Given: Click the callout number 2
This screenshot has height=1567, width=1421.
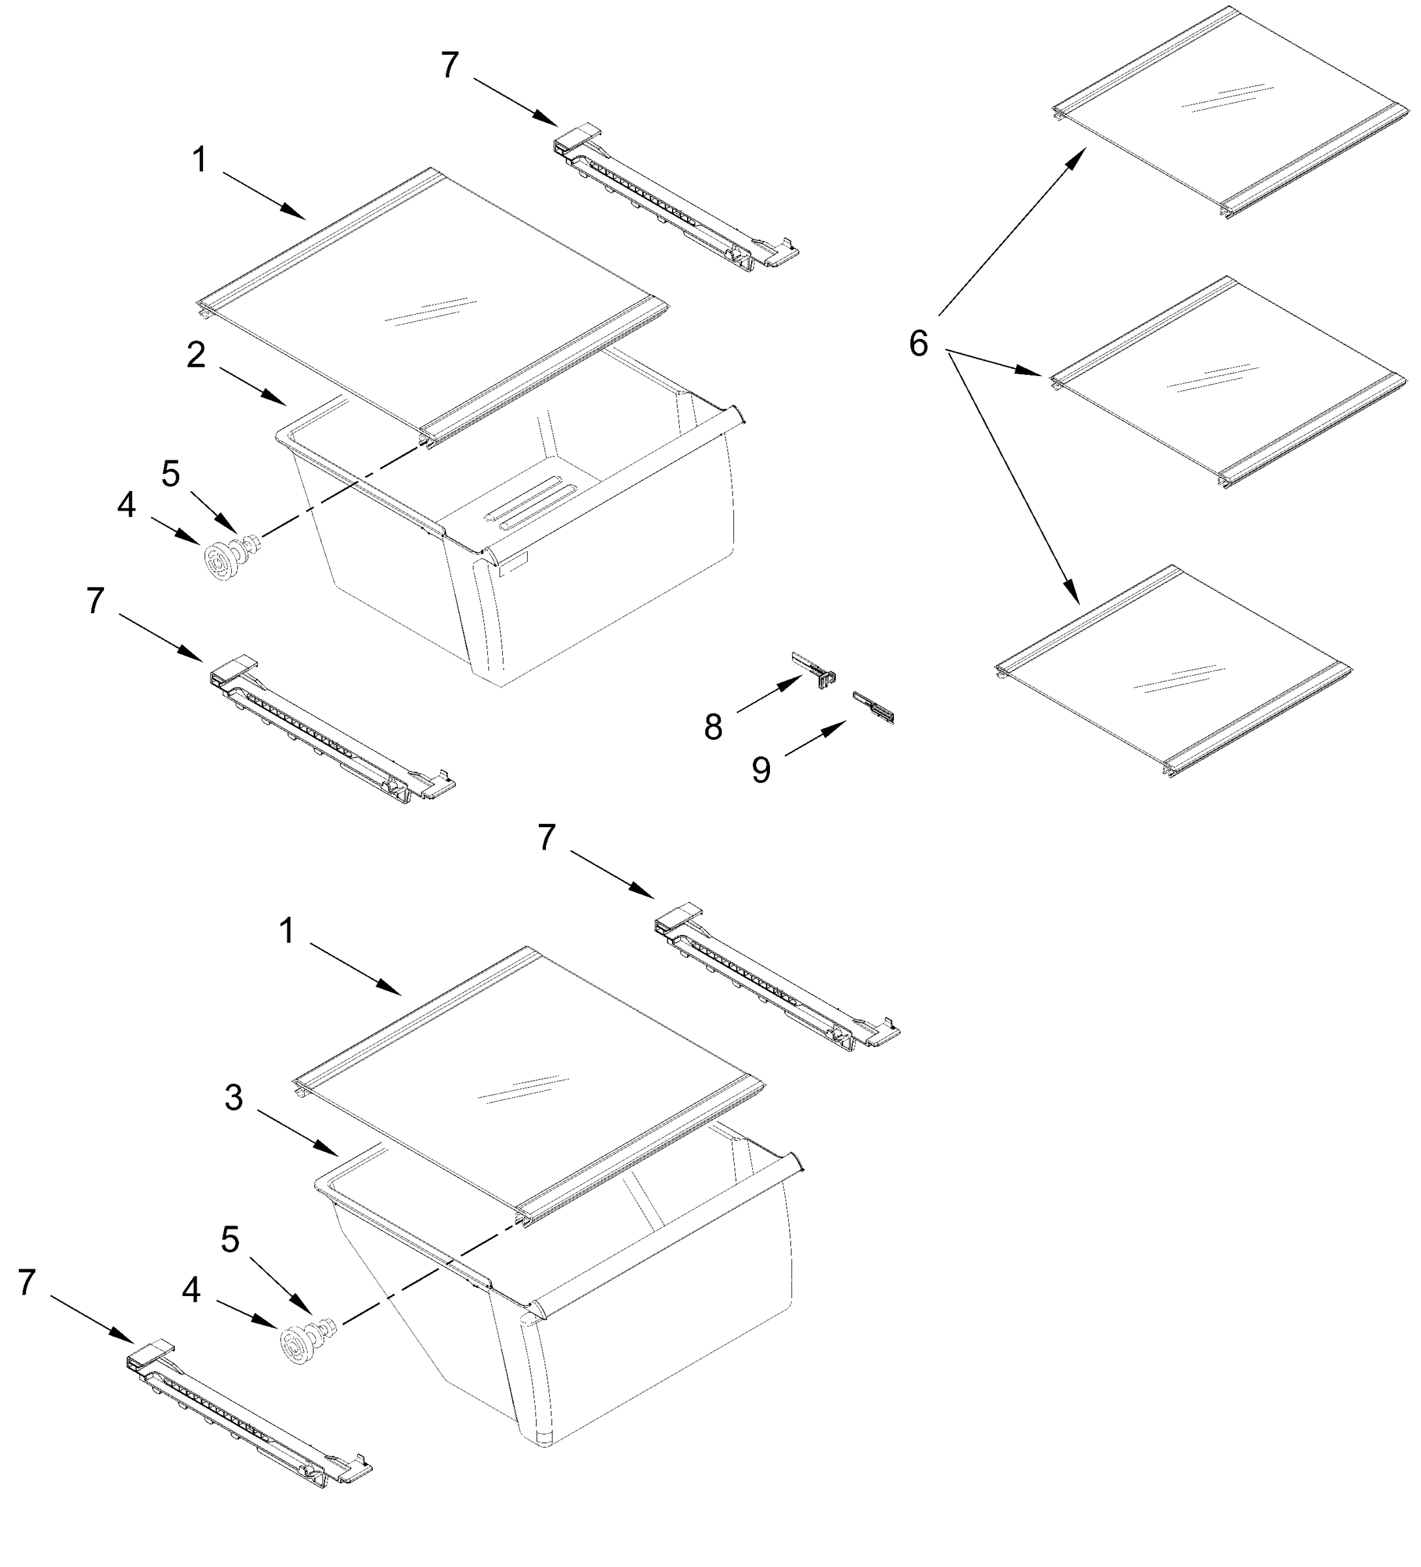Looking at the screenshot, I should pos(196,355).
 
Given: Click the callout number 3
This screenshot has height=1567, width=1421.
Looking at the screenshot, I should pos(233,1098).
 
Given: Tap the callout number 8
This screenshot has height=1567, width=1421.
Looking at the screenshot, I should pos(713,727).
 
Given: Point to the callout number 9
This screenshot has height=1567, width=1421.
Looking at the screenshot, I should pos(760,770).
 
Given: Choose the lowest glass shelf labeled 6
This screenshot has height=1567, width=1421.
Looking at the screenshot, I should pos(1174,673).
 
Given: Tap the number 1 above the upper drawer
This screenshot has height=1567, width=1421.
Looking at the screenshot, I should pos(200,160).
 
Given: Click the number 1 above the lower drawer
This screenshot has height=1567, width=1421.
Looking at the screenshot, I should pos(287,930).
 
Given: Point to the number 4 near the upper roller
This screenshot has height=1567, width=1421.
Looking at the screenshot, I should pos(126,505).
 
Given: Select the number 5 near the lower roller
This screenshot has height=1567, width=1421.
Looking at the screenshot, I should pos(230,1239).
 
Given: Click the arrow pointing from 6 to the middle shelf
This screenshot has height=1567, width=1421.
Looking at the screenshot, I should pos(995,364).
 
